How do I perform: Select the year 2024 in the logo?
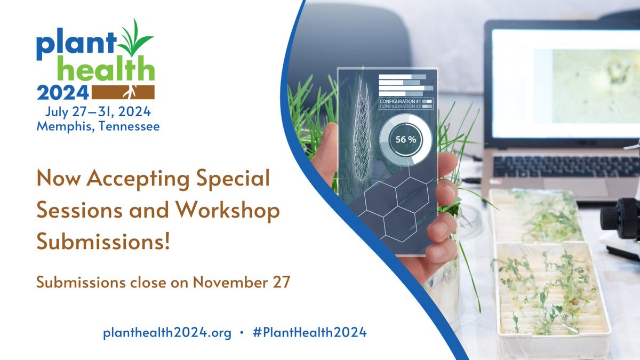(x=62, y=93)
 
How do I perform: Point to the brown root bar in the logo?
(x=123, y=92)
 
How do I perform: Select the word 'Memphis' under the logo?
(x=63, y=127)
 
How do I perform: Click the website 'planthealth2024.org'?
(x=167, y=333)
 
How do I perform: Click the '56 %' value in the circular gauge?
(x=406, y=140)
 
